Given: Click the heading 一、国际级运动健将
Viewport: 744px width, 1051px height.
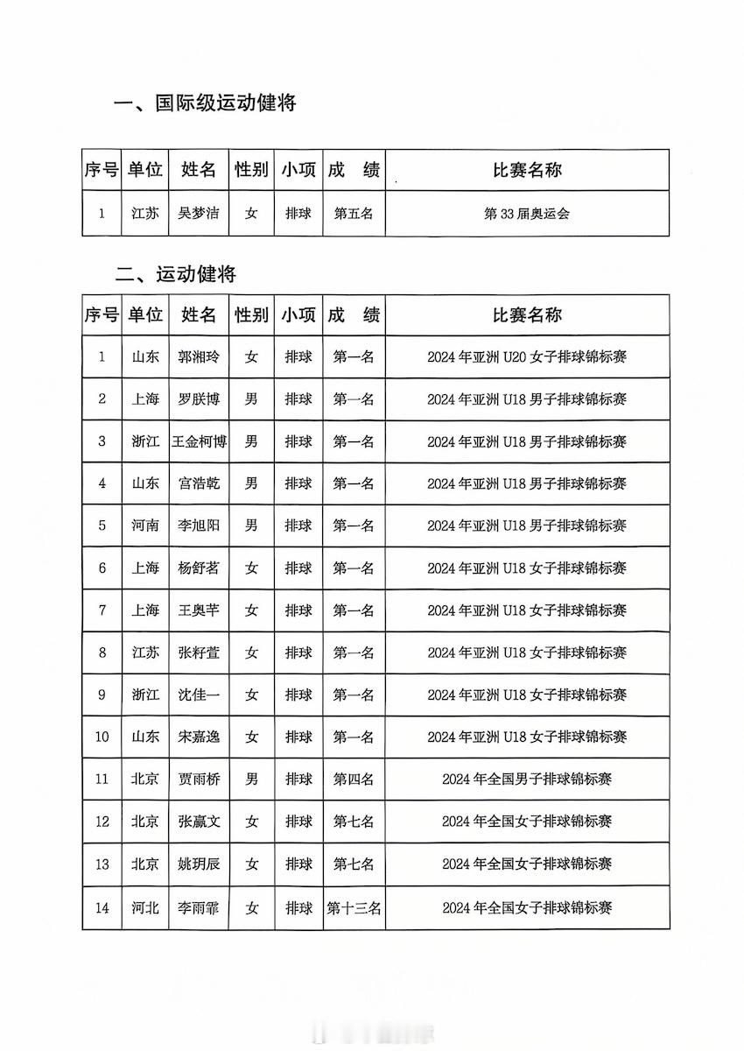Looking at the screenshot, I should (206, 103).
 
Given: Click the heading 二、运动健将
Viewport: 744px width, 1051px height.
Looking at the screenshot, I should (175, 274).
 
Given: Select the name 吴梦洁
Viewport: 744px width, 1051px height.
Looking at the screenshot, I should (199, 213).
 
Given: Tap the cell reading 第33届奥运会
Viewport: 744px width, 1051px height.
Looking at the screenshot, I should (527, 213).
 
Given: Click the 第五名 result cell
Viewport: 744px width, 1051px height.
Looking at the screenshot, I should (354, 213).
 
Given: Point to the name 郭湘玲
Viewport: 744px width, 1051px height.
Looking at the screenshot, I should (199, 356).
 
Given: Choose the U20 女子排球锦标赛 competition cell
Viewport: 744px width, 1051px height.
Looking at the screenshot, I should (527, 356).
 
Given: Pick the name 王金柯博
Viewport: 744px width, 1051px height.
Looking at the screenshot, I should (199, 441).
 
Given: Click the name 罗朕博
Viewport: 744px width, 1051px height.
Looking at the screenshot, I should (199, 399).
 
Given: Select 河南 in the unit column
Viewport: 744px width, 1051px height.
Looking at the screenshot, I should (145, 525).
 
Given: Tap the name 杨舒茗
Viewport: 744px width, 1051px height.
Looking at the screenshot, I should (199, 568).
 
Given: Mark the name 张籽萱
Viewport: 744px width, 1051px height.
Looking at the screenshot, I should (199, 652).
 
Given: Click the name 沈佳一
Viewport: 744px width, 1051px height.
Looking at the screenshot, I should (199, 695).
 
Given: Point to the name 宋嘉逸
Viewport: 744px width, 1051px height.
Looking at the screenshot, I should (199, 737).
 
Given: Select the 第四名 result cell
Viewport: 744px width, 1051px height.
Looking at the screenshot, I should (354, 779).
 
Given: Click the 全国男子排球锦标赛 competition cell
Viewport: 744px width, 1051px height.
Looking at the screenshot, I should (527, 779).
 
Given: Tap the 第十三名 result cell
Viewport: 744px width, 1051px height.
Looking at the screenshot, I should (354, 908).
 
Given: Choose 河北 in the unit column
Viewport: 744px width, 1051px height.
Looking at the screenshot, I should (145, 908).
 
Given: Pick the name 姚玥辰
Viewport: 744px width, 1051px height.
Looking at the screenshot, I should (199, 864).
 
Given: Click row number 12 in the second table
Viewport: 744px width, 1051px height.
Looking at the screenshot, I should (102, 822).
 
